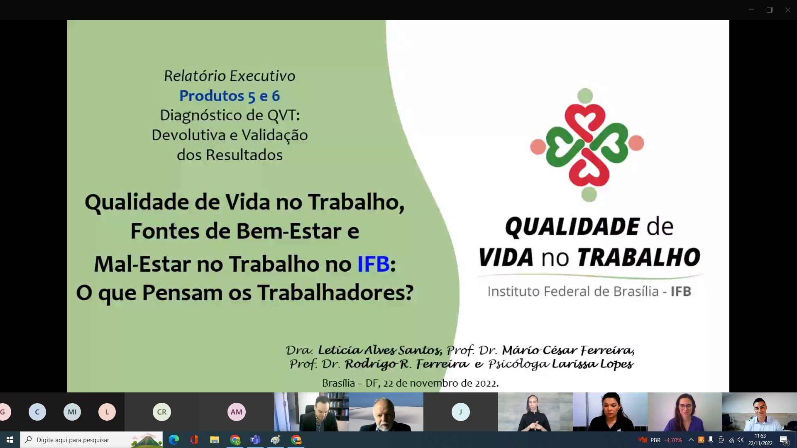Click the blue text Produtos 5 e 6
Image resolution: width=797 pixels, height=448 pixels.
[230, 96]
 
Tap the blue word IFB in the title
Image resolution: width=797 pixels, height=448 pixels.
[373, 264]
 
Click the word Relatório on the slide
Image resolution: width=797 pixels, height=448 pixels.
[195, 76]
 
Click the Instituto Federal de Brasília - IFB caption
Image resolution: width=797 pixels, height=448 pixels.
[589, 291]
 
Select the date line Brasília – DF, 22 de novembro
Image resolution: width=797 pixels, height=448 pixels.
[410, 383]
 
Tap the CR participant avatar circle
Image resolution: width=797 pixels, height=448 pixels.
[162, 412]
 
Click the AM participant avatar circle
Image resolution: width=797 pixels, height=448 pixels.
[237, 412]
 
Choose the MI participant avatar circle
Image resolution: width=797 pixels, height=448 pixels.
[72, 412]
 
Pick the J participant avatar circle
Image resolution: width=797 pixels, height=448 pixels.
[460, 412]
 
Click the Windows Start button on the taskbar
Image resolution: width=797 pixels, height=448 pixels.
[10, 440]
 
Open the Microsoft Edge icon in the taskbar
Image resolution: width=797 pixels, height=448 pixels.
[174, 440]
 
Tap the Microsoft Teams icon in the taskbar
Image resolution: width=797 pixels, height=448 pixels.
[255, 440]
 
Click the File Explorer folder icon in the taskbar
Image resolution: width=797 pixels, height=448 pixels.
[215, 440]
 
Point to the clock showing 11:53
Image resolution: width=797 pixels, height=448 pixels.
[760, 436]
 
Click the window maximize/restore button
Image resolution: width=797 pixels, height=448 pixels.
[769, 10]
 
